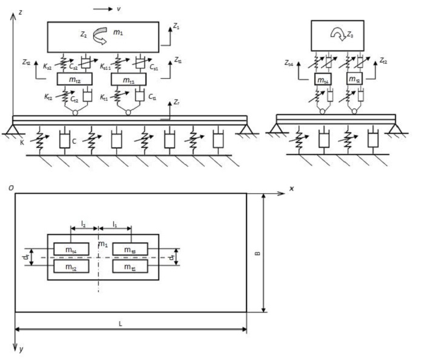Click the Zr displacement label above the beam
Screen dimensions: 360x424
(176, 105)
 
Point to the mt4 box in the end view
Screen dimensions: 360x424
(322, 79)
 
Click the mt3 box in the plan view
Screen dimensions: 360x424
(130, 248)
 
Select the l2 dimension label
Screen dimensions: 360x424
(83, 224)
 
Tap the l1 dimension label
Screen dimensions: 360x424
(115, 224)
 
